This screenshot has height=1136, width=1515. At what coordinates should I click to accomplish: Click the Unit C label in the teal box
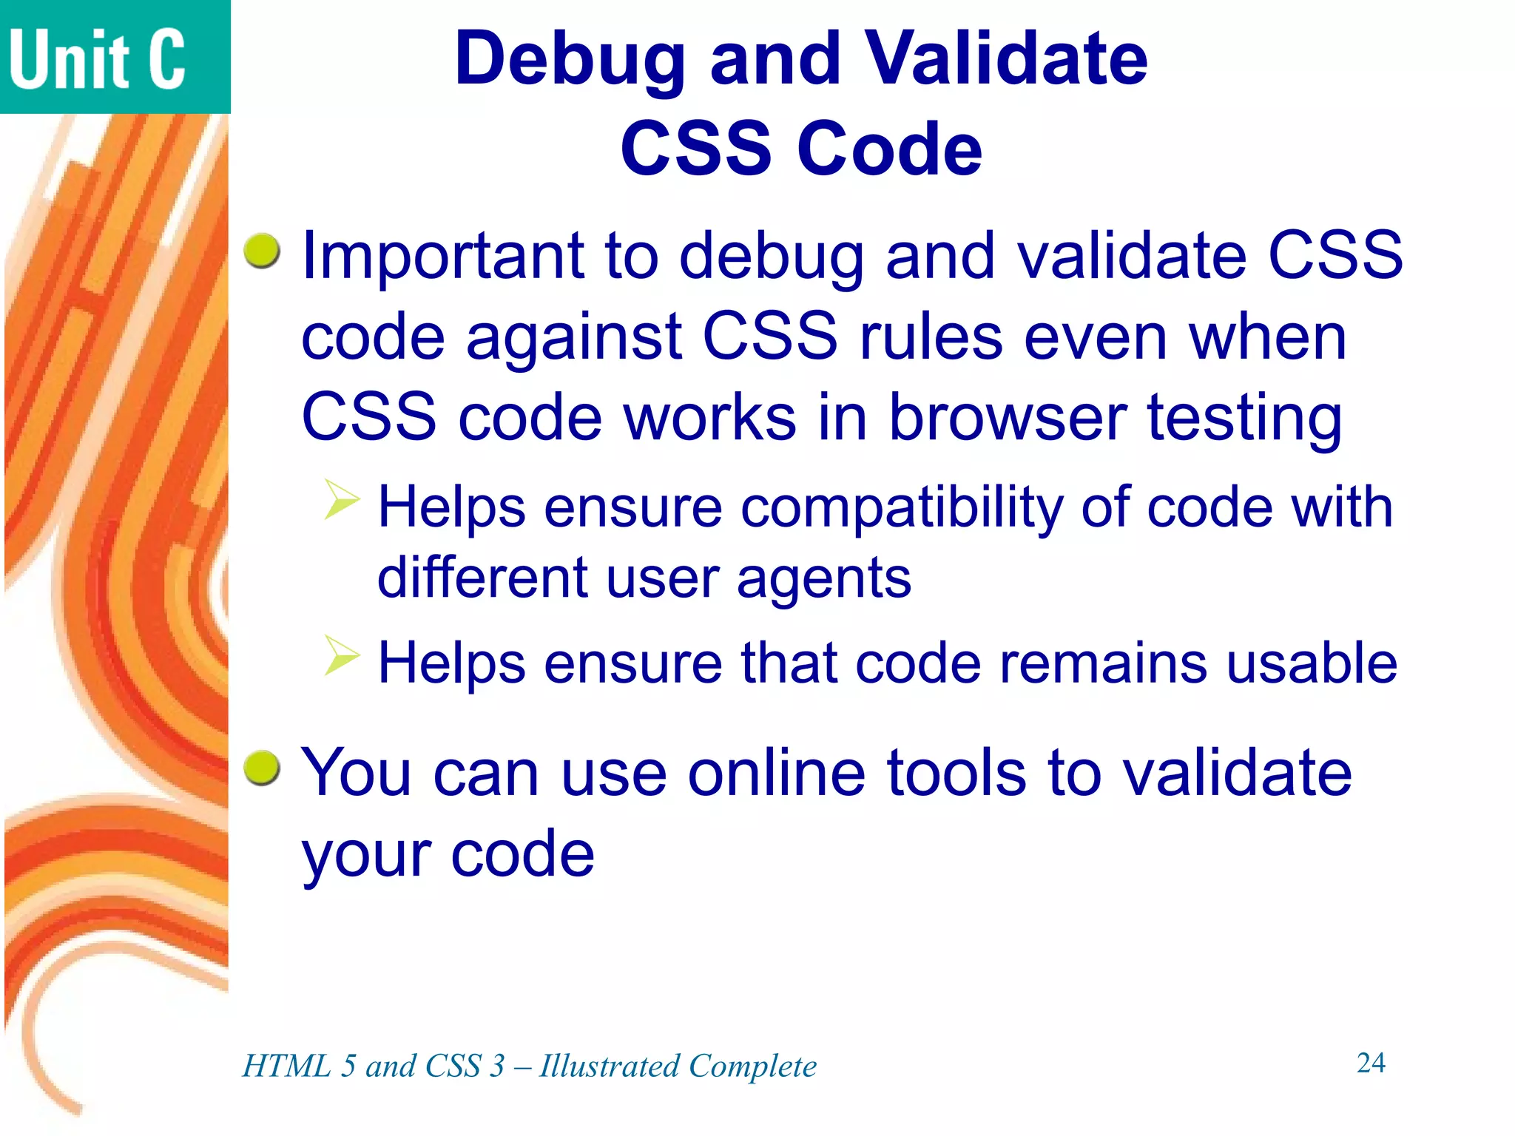point(97,59)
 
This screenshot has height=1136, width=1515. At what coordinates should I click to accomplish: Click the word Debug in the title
point(570,61)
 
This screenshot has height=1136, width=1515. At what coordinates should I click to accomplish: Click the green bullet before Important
point(263,251)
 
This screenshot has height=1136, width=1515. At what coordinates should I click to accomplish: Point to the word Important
point(442,257)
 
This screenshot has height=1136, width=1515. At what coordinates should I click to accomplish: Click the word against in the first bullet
point(573,337)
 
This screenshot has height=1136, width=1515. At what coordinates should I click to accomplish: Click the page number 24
point(1371,1063)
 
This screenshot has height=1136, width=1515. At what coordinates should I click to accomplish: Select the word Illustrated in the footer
point(609,1066)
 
